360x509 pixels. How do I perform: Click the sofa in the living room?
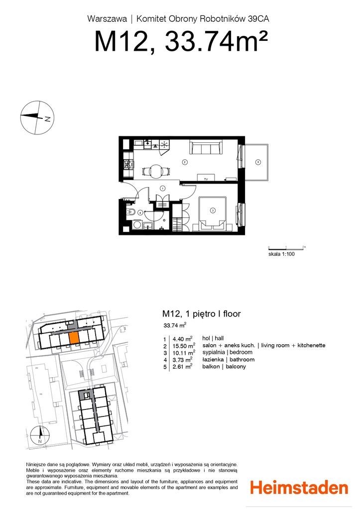click(x=206, y=148)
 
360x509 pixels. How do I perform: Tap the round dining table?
click(x=156, y=171)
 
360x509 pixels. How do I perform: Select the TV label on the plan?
click(x=206, y=179)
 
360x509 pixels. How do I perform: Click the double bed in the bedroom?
click(x=213, y=213)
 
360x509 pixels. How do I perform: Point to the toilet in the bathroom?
click(x=131, y=212)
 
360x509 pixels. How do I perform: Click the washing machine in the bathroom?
click(x=137, y=224)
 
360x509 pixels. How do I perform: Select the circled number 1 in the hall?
click(x=162, y=188)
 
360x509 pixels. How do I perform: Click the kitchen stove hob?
click(x=129, y=165)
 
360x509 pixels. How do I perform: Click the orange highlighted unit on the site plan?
click(x=74, y=338)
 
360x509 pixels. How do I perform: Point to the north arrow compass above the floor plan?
click(x=37, y=117)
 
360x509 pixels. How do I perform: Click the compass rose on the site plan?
click(x=40, y=435)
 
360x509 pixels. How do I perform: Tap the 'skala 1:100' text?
click(x=281, y=254)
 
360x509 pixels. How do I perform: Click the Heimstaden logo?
click(x=299, y=488)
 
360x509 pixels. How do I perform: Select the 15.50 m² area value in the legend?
click(x=184, y=345)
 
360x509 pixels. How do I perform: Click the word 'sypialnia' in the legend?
click(x=214, y=352)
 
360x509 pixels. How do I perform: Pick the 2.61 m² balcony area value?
click(x=182, y=367)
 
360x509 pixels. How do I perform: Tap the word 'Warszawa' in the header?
click(x=107, y=19)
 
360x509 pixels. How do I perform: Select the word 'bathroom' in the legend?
click(x=242, y=359)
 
